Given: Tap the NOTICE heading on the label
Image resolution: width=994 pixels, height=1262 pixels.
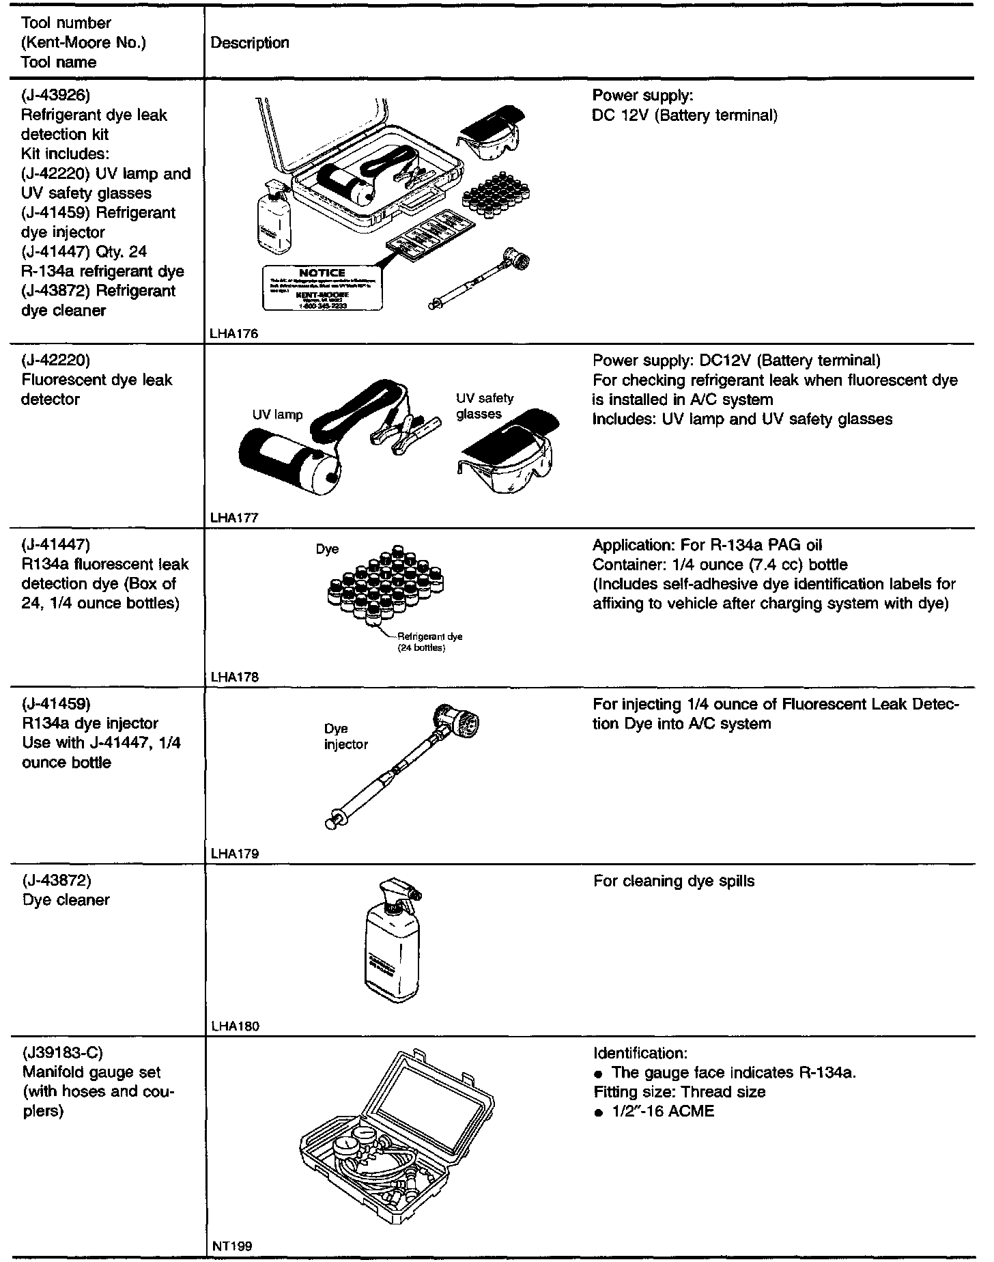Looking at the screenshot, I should pyautogui.click(x=322, y=272).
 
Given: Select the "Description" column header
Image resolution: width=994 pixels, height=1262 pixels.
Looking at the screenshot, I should pyautogui.click(x=250, y=43).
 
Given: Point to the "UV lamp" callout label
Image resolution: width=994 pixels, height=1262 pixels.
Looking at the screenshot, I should pyautogui.click(x=277, y=415).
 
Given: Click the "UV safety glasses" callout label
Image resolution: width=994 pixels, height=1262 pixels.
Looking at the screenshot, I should pyautogui.click(x=485, y=406).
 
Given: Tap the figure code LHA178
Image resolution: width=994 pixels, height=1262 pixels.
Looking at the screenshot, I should pyautogui.click(x=235, y=677).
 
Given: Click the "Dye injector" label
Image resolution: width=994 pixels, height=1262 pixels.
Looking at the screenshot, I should pyautogui.click(x=345, y=736).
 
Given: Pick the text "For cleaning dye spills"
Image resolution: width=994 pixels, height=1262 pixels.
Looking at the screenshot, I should pyautogui.click(x=674, y=881).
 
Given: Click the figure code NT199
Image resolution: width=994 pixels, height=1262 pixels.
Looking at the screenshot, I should pyautogui.click(x=232, y=1246).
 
